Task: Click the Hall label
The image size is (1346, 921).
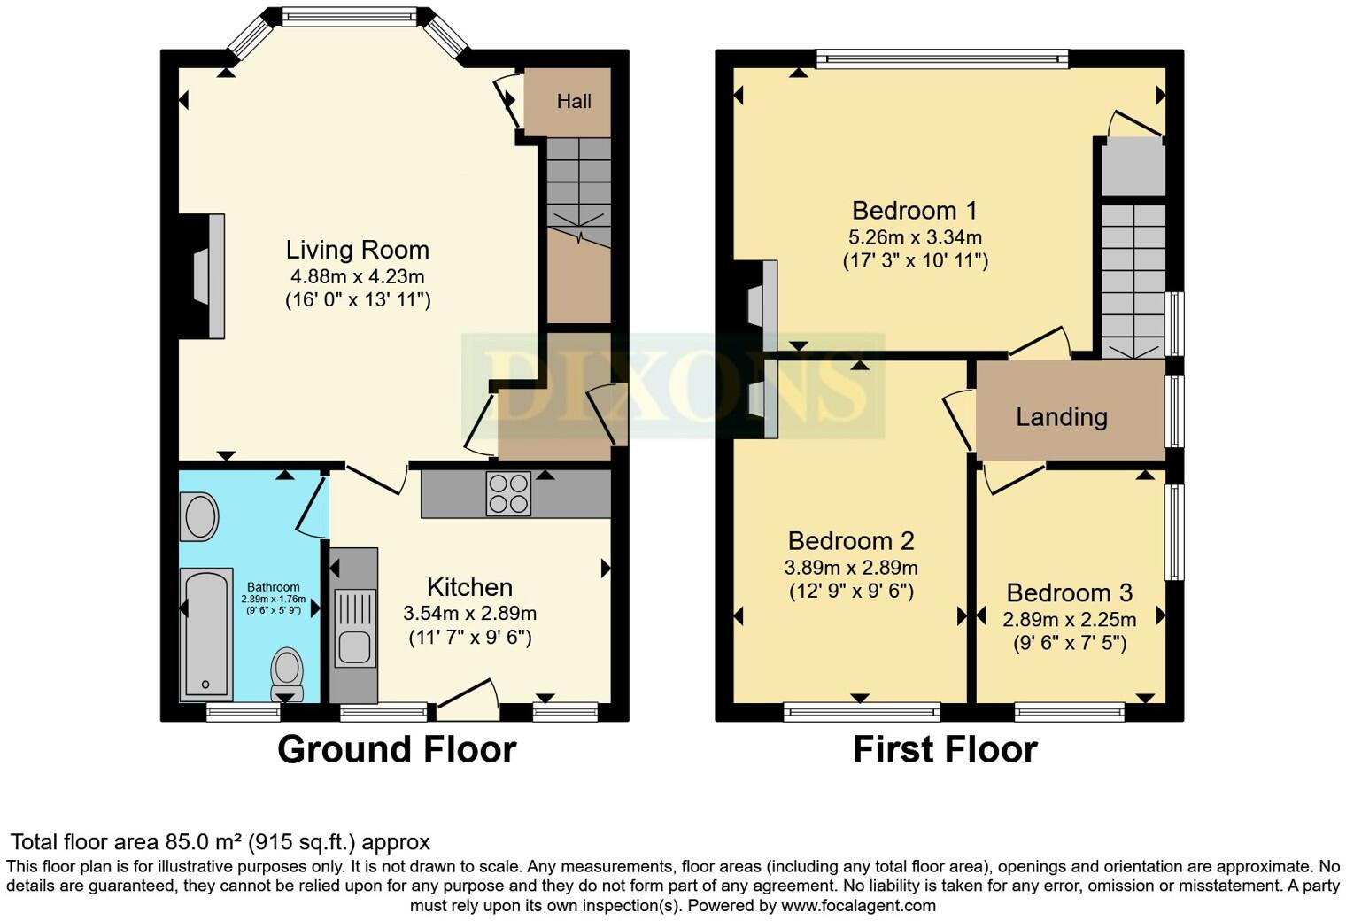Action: (x=574, y=101)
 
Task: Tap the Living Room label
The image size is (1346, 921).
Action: (x=358, y=250)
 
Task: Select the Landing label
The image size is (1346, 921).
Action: (x=1062, y=417)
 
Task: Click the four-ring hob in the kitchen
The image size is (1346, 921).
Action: (x=508, y=493)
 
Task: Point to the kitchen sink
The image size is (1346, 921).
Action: (x=354, y=628)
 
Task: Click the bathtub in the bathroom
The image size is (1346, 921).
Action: (x=206, y=634)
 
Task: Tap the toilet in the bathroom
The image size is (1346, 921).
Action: (x=287, y=674)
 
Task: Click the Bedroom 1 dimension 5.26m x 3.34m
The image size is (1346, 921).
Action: (x=915, y=237)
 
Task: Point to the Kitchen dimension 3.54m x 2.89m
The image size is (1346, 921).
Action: (x=470, y=614)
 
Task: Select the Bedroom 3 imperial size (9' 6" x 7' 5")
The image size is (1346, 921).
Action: (x=1070, y=644)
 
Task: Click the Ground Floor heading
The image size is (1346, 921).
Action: (x=397, y=750)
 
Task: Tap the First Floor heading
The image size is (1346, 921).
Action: (x=945, y=750)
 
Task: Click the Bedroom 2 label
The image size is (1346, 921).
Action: (x=851, y=541)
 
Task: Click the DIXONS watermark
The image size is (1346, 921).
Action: (x=673, y=386)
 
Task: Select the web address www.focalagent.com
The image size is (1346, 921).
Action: (x=858, y=905)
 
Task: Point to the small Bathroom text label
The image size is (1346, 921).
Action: (x=274, y=587)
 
